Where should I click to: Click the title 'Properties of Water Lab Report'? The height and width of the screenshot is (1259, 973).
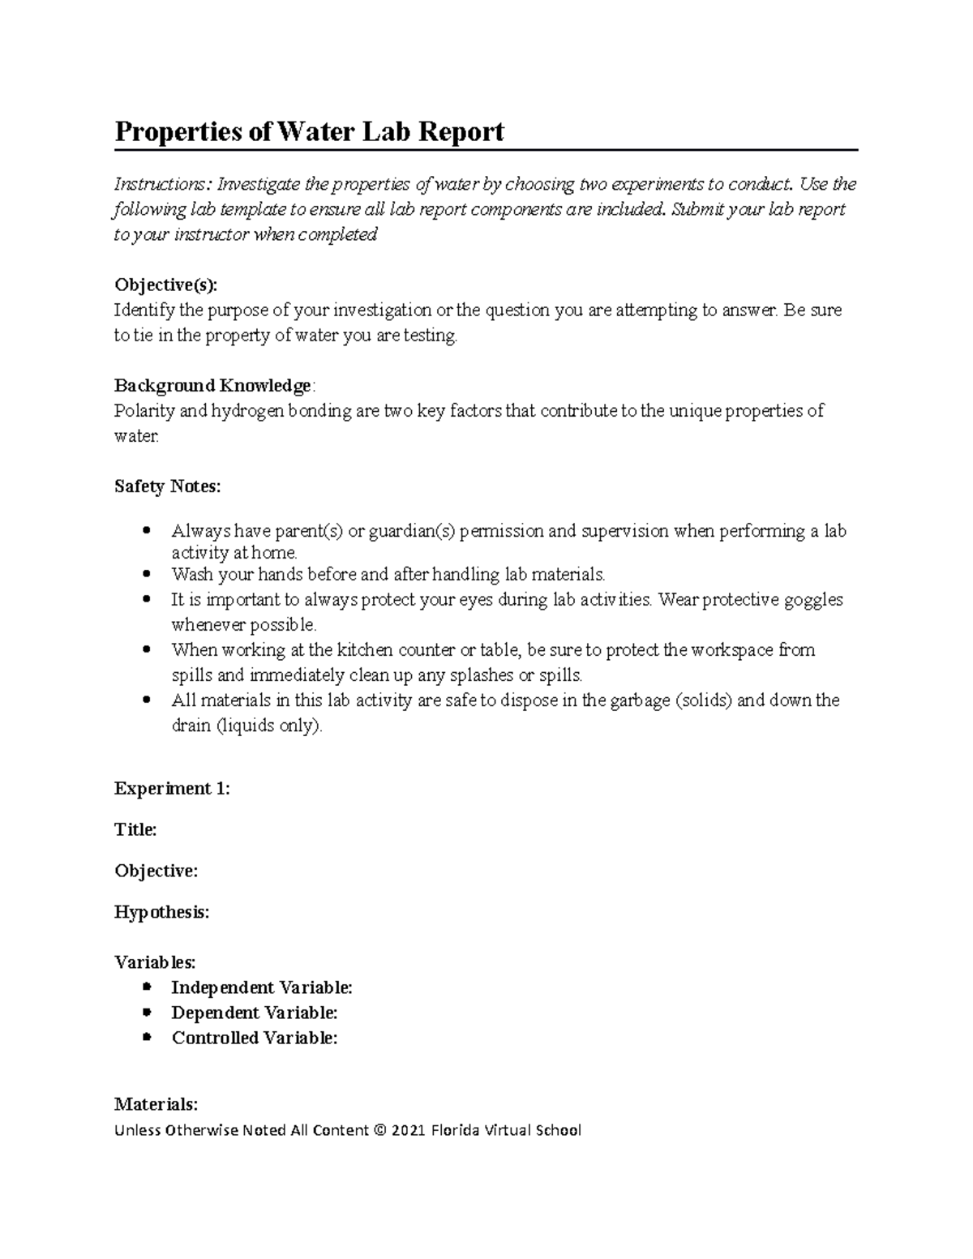click(x=309, y=131)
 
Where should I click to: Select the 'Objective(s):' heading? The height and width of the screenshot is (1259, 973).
click(x=166, y=285)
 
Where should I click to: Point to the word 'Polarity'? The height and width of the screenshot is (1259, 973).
click(x=144, y=411)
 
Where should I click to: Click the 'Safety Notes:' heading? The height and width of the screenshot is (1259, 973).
click(x=167, y=486)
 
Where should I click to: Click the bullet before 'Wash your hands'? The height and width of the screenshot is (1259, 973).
click(x=147, y=575)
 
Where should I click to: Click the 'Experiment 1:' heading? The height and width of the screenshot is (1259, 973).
click(x=172, y=789)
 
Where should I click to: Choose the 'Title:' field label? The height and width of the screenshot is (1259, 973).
click(x=135, y=829)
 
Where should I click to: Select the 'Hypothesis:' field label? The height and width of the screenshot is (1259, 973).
click(x=161, y=912)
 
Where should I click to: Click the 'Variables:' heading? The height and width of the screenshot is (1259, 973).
click(x=155, y=962)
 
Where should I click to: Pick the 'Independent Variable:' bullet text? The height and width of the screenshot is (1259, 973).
click(x=262, y=987)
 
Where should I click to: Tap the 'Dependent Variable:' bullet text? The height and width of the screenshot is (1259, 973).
click(x=255, y=1013)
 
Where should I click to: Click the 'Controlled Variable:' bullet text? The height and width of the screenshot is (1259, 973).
click(x=255, y=1038)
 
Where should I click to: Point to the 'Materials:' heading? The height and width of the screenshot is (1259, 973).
click(x=156, y=1104)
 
